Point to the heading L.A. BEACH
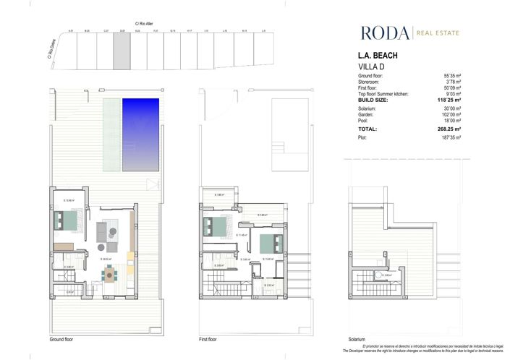[x=378, y=56]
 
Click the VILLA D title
[x=374, y=67]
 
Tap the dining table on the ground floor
[x=110, y=273]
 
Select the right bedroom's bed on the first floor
[x=265, y=241]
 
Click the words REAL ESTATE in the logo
[x=438, y=32]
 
